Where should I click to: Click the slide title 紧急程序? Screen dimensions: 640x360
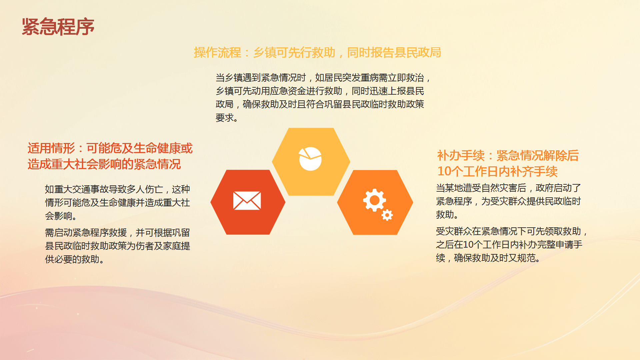pos(58,27)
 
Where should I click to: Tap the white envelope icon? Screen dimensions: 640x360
pos(247,201)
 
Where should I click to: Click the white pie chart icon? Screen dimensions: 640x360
pos(310,159)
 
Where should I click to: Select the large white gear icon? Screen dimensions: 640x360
pos(374,200)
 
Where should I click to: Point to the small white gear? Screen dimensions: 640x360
pos(387,215)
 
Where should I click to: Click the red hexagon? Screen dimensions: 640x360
pos(248,202)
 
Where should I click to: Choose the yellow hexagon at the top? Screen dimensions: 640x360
pos(311,162)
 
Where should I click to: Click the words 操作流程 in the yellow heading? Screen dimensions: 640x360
pos(217,52)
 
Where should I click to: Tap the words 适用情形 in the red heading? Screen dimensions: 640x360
pos(51,148)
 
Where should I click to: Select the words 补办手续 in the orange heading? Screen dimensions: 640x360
pos(461,155)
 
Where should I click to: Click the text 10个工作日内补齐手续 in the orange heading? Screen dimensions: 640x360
pos(497,171)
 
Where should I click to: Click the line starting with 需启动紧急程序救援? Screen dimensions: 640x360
pos(117,233)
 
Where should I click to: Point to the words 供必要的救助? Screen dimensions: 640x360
pos(75,259)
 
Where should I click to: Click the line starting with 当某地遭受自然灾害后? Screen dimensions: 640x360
pos(508,188)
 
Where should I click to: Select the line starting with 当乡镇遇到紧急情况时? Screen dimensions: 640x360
pos(323,78)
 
